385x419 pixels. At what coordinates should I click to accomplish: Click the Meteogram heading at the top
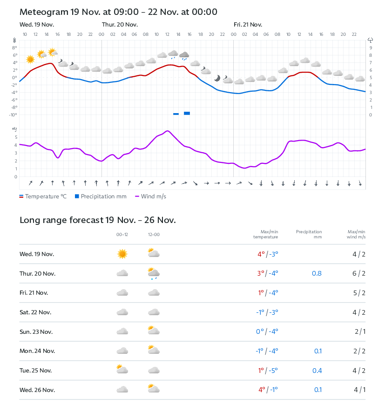pyautogui.click(x=118, y=12)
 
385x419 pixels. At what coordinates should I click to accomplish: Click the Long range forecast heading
pyautogui.click(x=97, y=220)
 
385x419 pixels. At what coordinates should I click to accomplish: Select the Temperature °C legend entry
pyautogui.click(x=43, y=196)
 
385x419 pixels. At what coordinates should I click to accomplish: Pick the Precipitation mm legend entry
pyautogui.click(x=101, y=196)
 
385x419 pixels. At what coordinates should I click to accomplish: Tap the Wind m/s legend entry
pyautogui.click(x=150, y=196)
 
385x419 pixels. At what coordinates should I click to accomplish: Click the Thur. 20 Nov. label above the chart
pyautogui.click(x=120, y=25)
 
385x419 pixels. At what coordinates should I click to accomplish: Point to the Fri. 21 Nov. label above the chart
pyautogui.click(x=248, y=25)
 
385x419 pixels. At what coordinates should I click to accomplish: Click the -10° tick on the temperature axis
pyautogui.click(x=14, y=115)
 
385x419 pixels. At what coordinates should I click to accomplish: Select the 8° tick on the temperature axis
pyautogui.click(x=14, y=47)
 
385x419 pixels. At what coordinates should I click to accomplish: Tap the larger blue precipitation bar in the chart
pyautogui.click(x=187, y=113)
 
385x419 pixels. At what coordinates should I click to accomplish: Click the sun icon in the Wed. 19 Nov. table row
pyautogui.click(x=122, y=254)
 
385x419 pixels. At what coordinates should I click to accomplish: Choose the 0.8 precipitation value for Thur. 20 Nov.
pyautogui.click(x=317, y=273)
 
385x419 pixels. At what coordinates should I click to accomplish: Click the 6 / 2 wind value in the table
pyautogui.click(x=359, y=273)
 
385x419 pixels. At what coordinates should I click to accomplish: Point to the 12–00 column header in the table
pyautogui.click(x=153, y=235)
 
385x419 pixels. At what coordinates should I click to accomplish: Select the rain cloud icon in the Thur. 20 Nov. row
pyautogui.click(x=153, y=273)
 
